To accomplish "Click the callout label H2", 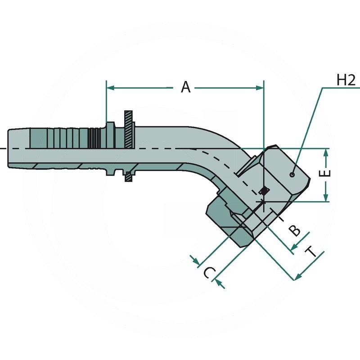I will pos(346,80).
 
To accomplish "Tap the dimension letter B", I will pos(295,230).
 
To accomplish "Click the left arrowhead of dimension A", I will pos(110,87).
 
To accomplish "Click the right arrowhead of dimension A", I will pos(260,87).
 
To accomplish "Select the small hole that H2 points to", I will pos(292,174).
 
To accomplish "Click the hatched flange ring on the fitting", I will pos(129,131).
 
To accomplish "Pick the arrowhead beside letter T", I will pos(298,275).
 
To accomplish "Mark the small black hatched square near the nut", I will pos(265,190).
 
